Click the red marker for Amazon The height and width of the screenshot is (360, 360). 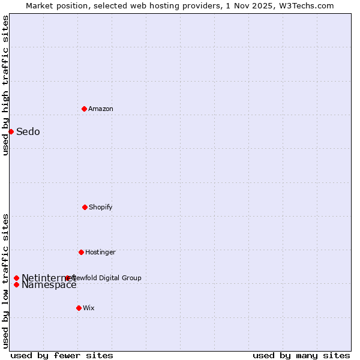(84, 109)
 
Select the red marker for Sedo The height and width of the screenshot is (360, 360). (11, 131)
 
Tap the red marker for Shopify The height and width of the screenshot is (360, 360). (85, 207)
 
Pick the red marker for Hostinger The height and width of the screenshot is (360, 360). (81, 252)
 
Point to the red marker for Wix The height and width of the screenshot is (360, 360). (79, 308)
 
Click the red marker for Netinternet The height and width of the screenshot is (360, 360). (16, 278)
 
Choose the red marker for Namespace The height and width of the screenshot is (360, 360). (16, 284)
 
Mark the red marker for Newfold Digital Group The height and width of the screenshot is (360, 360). (67, 278)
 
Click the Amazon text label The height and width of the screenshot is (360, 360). (101, 109)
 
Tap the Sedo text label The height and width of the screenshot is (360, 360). (28, 132)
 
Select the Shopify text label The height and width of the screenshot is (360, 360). (101, 207)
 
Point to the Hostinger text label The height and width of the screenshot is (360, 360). (100, 252)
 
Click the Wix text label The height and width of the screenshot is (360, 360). (89, 308)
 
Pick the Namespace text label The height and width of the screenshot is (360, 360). (49, 285)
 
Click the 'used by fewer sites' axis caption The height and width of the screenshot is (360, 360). (62, 355)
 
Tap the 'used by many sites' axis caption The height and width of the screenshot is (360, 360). (301, 355)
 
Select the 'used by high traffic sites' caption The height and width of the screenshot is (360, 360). (5, 85)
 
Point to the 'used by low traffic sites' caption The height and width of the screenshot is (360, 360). (5, 280)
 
